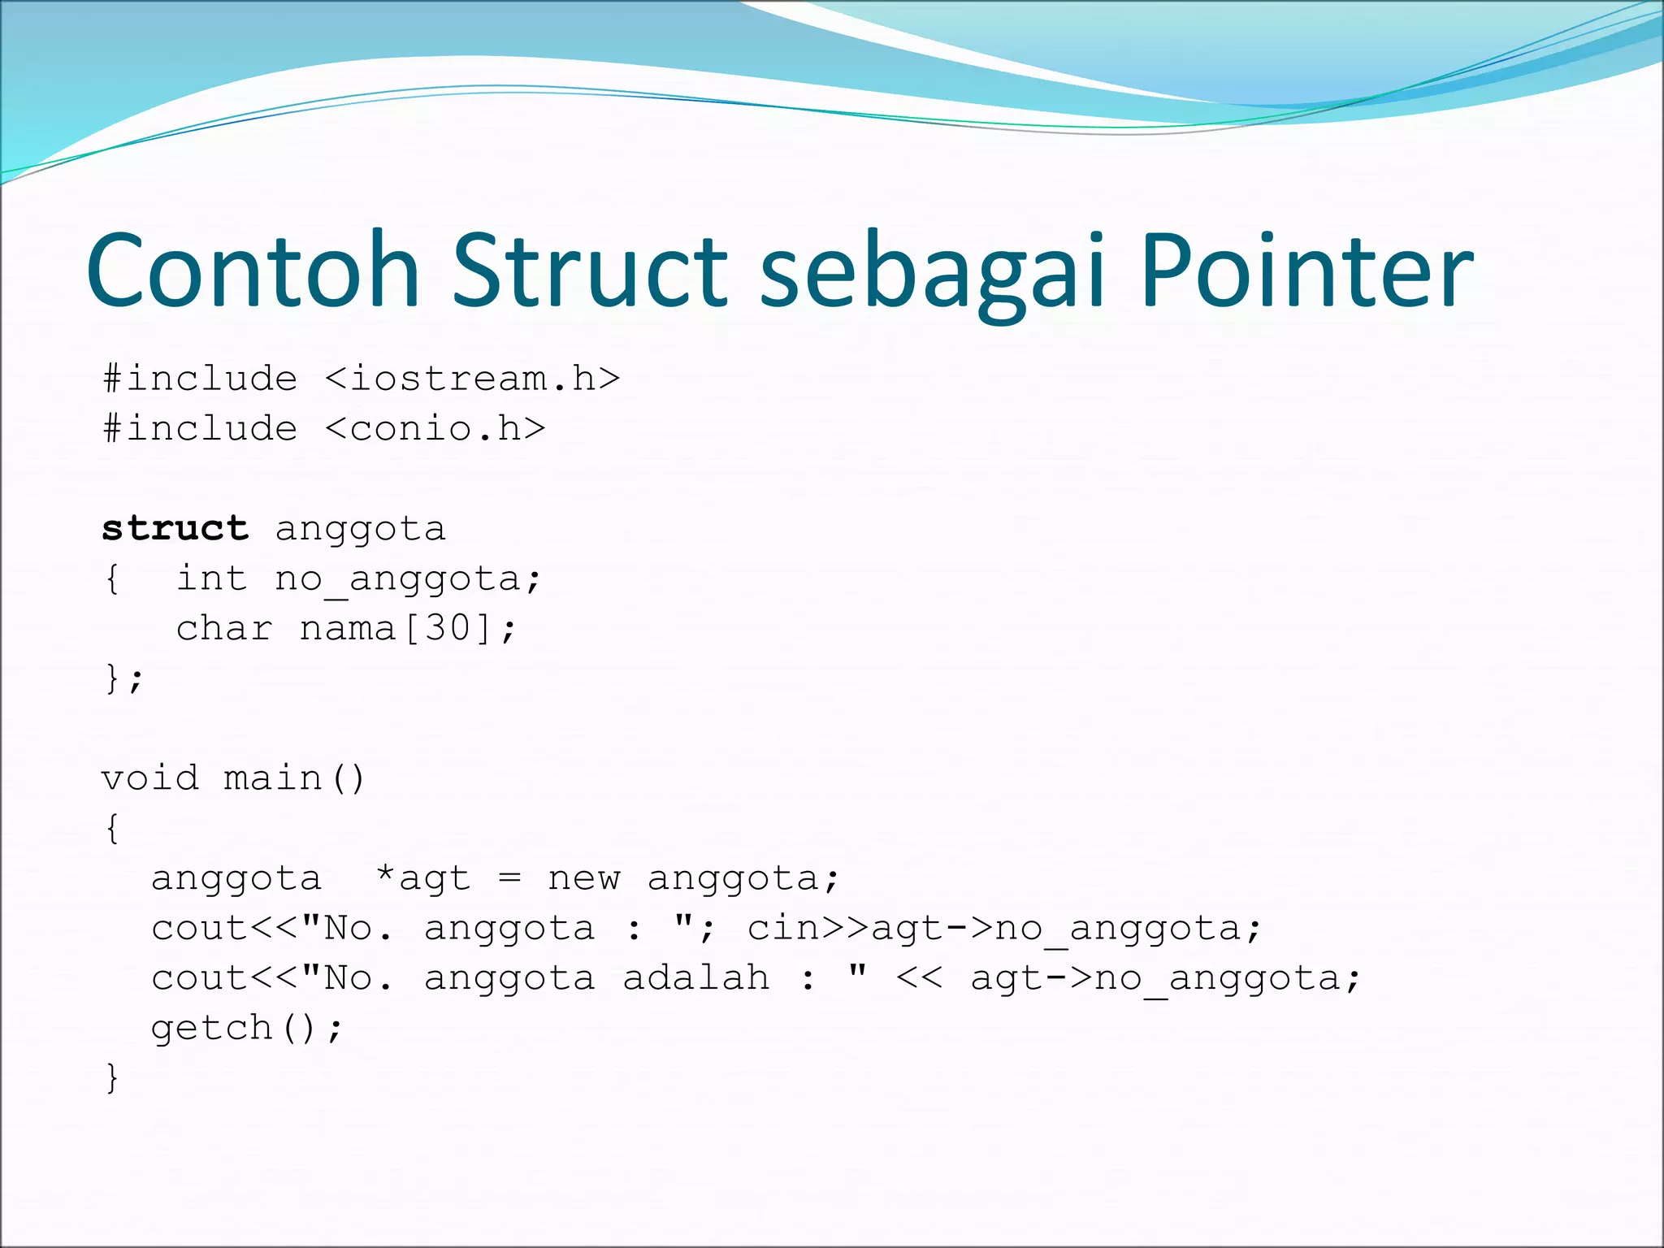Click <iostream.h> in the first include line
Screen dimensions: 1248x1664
pos(472,379)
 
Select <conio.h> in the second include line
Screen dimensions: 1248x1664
pos(435,429)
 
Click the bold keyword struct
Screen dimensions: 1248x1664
pos(175,529)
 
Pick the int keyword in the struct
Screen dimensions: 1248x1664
pos(211,578)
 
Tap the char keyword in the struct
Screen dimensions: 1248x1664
pos(224,629)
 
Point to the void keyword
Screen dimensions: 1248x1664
pos(149,778)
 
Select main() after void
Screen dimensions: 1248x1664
pos(294,778)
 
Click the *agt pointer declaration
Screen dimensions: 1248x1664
pos(422,878)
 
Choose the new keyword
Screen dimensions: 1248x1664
pos(583,878)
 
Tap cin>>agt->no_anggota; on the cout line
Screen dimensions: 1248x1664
pos(1004,929)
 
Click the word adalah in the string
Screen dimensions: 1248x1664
pos(695,978)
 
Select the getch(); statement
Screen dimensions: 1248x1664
pos(247,1029)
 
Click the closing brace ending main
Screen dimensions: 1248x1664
pos(112,1078)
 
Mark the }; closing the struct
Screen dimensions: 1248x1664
pos(123,678)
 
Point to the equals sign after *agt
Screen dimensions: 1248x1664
pos(509,878)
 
